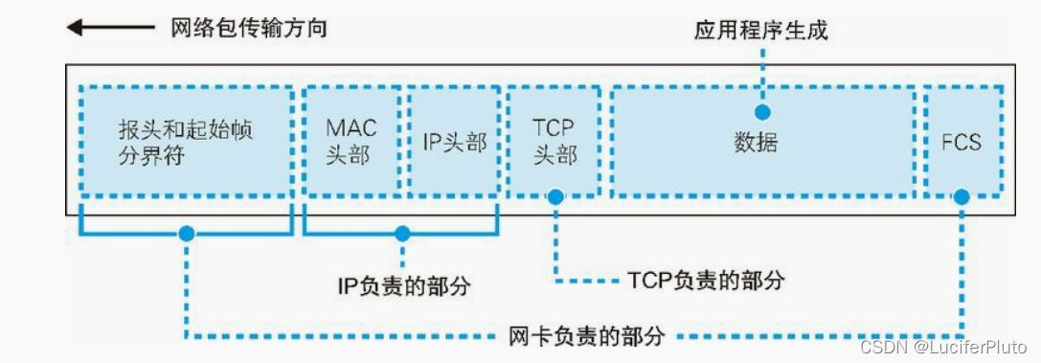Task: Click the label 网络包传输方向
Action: click(249, 28)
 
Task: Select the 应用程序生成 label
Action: click(761, 30)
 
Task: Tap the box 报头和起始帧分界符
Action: click(186, 142)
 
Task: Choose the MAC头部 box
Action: click(351, 142)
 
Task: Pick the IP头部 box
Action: click(454, 142)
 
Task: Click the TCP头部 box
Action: click(554, 142)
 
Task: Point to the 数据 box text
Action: click(756, 144)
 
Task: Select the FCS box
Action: click(962, 142)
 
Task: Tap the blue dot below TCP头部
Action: click(554, 196)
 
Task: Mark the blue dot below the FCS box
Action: click(962, 197)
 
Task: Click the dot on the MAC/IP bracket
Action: click(402, 233)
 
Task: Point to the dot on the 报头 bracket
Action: click(186, 233)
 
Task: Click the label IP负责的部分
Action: click(405, 285)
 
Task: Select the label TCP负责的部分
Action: click(707, 280)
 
